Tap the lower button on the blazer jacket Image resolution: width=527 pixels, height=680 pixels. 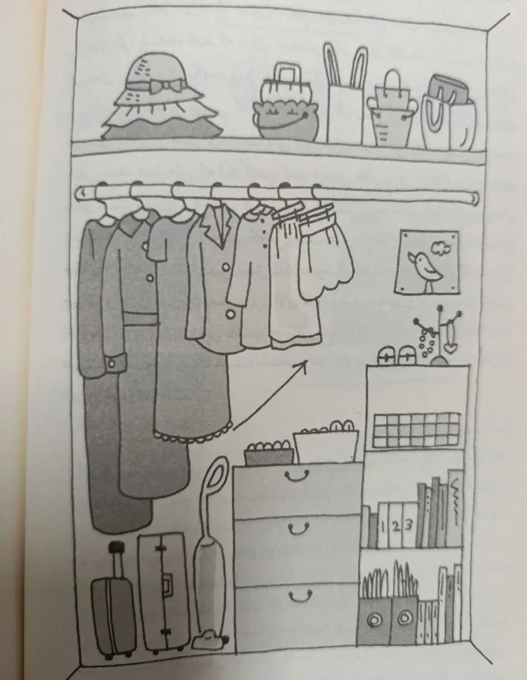tap(230, 313)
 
